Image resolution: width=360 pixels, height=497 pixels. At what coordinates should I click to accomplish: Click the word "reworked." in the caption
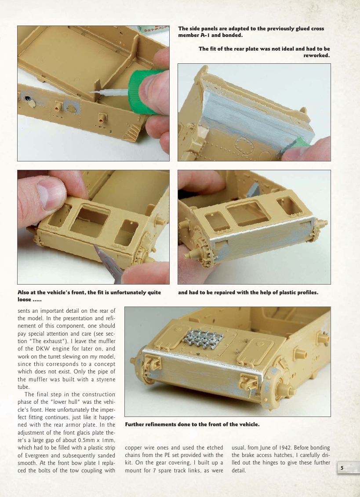click(316, 56)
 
